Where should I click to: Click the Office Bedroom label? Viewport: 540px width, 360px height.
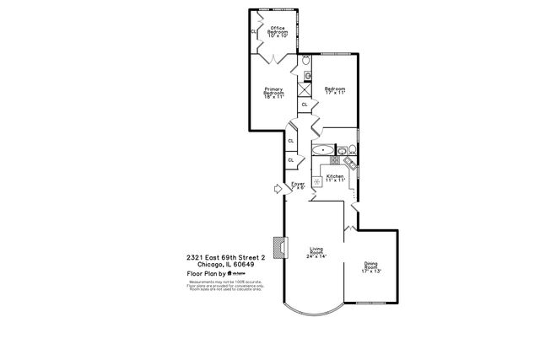point(278,32)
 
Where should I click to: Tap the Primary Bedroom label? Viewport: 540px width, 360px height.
point(273,93)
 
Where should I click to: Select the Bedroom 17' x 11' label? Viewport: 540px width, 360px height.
point(335,90)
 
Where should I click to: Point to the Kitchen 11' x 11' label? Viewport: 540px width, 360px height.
point(337,178)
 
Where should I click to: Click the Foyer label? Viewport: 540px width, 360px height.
point(298,185)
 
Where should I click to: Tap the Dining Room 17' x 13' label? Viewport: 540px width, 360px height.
point(372,267)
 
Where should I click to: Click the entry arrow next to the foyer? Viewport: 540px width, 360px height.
point(276,191)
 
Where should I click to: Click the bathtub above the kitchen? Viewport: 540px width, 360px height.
point(323,150)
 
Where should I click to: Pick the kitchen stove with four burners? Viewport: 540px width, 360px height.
point(335,159)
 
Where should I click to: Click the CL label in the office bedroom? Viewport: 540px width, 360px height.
point(252,32)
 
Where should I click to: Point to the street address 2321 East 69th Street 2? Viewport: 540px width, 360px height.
point(225,257)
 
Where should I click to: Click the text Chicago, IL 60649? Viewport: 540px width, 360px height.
point(219,265)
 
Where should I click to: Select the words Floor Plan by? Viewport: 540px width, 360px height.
point(207,274)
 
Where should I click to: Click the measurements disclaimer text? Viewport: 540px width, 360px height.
point(225,286)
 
